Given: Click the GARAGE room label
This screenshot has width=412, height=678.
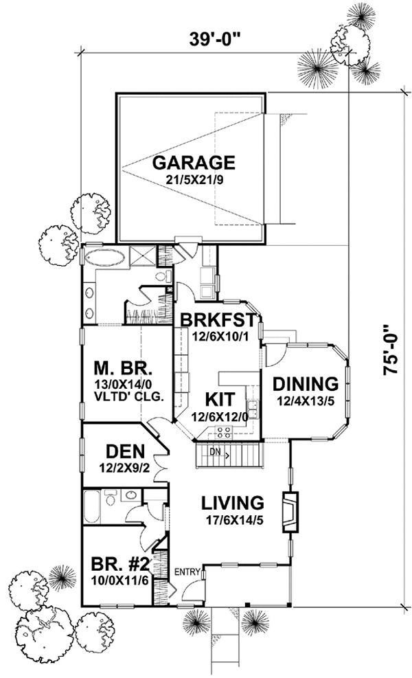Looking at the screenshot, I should (194, 163).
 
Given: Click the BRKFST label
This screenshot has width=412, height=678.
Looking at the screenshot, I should (218, 320).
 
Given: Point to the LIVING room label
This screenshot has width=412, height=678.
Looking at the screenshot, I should (229, 501).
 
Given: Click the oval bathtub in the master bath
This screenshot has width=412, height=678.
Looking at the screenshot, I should (104, 259).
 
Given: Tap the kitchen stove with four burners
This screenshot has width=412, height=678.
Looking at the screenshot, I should (224, 433).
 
